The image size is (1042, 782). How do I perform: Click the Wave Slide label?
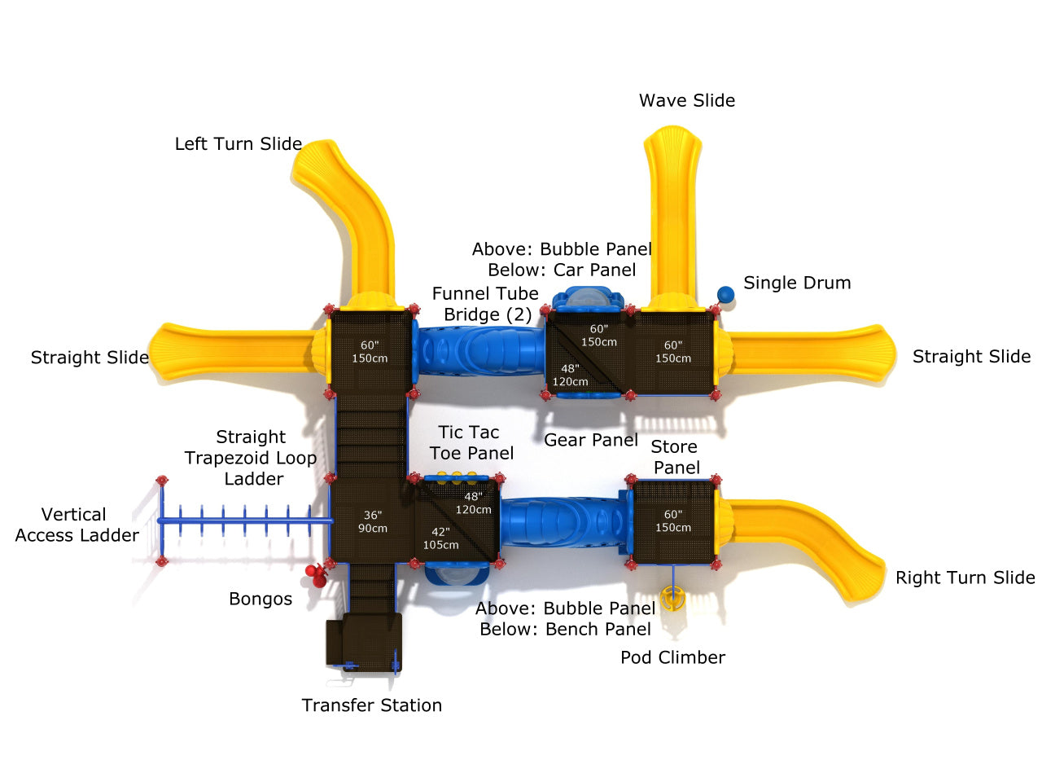pos(686,101)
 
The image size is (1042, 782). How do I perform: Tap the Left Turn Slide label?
pos(238,144)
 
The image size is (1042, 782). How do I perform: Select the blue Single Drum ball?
pos(725,294)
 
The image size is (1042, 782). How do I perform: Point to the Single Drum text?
pos(796,283)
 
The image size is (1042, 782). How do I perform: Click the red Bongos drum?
pos(316,576)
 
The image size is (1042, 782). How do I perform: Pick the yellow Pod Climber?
pos(672,599)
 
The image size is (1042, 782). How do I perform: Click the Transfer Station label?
pos(371,705)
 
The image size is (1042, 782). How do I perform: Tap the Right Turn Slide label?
pos(965,578)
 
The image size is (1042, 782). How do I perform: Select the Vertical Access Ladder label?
pos(77,525)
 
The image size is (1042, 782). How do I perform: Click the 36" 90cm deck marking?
pos(373,521)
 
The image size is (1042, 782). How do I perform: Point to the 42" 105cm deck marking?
pos(440,538)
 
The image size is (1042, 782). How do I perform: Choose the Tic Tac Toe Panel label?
pos(471,443)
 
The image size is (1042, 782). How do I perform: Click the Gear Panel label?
pos(590,441)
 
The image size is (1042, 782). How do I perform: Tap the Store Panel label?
pos(675,457)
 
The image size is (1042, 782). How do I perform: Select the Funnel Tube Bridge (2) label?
pos(486,304)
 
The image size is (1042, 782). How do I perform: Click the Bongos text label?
pos(260,600)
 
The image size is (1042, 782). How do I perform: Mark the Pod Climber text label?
pos(672,658)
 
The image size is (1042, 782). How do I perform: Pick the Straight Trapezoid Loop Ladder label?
pos(251,458)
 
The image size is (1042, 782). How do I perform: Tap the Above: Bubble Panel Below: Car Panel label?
pos(562,260)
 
